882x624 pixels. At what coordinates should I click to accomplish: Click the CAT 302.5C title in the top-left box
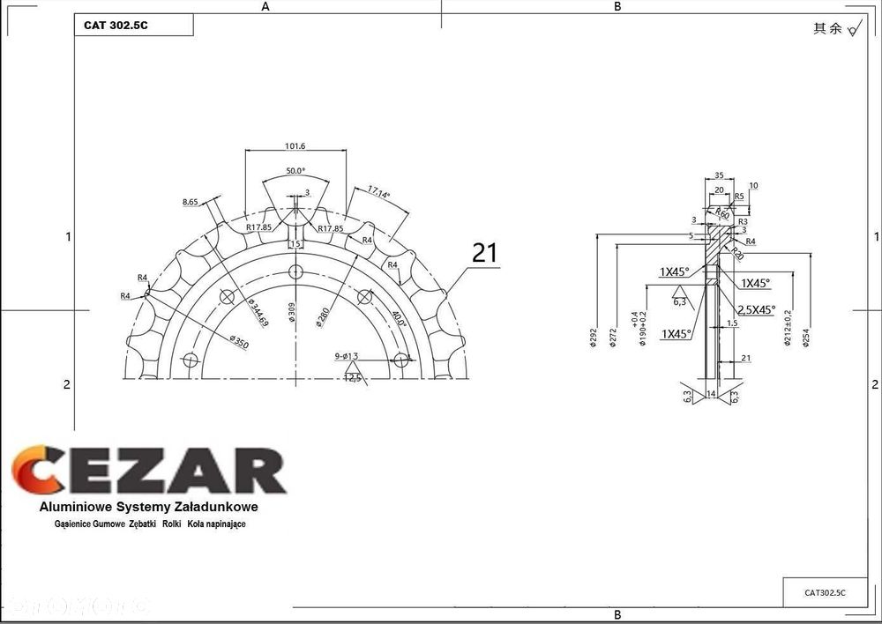click(116, 26)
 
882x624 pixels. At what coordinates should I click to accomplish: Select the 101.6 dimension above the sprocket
click(295, 145)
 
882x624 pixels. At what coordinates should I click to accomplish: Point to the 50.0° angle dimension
click(295, 170)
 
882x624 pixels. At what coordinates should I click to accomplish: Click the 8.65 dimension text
click(191, 202)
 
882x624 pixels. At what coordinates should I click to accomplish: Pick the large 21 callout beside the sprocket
click(485, 253)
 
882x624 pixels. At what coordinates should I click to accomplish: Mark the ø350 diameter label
click(238, 340)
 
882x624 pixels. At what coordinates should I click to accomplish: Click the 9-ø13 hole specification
click(346, 356)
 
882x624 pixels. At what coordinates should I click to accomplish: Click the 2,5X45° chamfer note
click(756, 309)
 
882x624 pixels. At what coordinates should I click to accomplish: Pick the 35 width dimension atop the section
click(719, 175)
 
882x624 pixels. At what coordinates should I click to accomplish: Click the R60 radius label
click(722, 214)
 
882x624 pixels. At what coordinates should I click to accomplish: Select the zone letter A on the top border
click(265, 6)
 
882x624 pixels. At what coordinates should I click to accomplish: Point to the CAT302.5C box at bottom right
click(825, 593)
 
